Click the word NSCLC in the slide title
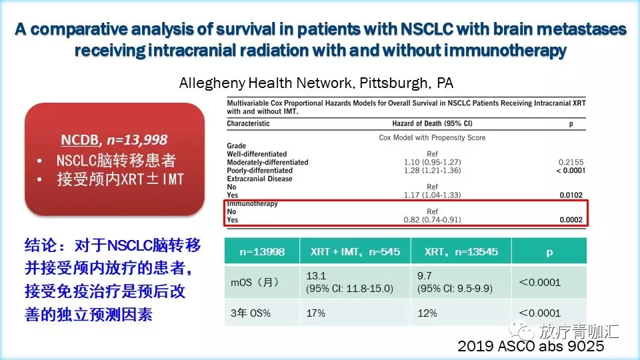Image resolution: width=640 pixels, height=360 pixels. pos(427,29)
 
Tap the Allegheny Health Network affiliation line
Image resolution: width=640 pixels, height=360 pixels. pos(316,83)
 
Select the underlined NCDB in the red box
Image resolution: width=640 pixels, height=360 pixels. pos(79,139)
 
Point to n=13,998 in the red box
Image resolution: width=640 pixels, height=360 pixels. pos(137,140)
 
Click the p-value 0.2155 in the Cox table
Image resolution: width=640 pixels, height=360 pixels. pos(571,162)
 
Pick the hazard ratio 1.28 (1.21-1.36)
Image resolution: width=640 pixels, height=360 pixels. pos(432,170)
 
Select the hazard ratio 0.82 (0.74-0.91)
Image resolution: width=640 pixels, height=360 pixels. pos(432,219)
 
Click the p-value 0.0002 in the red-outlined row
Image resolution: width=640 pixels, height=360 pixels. pos(571,219)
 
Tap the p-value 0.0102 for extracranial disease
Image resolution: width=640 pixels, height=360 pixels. pos(571,195)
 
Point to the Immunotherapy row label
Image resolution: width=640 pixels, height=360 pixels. pos(252,203)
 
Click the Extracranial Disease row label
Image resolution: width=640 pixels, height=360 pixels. pos(259,179)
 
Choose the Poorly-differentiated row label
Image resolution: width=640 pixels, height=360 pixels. pos(259,170)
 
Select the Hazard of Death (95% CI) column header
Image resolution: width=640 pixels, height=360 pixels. pos(432,123)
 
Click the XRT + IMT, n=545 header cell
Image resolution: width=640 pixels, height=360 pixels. pos(355,251)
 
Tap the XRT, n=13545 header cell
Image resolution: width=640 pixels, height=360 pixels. pos(461,251)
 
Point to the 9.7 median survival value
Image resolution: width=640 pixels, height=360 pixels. pos(425,276)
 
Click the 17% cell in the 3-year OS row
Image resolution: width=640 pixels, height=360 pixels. pos(316,313)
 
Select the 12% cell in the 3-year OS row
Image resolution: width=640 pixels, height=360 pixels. pos(427,313)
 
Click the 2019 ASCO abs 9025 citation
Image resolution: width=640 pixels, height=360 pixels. pos(531,346)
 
